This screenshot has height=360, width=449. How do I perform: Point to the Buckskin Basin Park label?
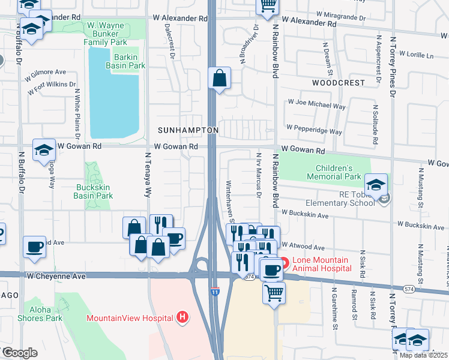(94, 191)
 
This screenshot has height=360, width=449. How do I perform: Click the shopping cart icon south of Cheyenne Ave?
(274, 293)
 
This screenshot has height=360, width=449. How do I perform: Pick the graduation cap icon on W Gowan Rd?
(44, 151)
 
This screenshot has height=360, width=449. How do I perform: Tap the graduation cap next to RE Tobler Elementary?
(375, 185)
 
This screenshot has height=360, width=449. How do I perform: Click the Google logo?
(19, 353)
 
